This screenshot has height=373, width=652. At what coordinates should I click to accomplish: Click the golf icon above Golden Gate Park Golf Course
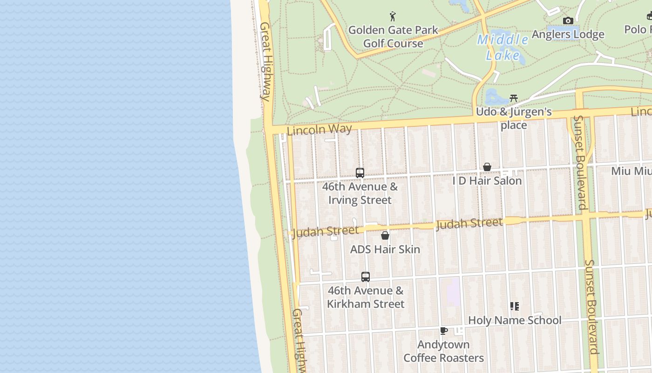pyautogui.click(x=393, y=17)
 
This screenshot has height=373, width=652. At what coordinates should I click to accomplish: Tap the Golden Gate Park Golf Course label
pyautogui.click(x=393, y=37)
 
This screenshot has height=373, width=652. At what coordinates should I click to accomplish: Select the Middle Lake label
pyautogui.click(x=503, y=48)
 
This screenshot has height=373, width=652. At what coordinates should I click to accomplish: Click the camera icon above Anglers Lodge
pyautogui.click(x=568, y=21)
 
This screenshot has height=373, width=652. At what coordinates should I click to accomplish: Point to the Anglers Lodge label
pyautogui.click(x=568, y=34)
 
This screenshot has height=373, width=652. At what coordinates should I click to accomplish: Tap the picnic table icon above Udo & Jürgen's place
pyautogui.click(x=514, y=98)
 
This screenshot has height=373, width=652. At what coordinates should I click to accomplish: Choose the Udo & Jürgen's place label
pyautogui.click(x=514, y=118)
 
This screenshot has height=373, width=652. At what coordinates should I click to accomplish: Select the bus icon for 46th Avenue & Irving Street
pyautogui.click(x=360, y=173)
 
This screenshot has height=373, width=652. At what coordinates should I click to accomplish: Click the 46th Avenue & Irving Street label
pyautogui.click(x=360, y=193)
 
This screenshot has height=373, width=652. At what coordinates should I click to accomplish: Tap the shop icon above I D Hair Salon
pyautogui.click(x=487, y=167)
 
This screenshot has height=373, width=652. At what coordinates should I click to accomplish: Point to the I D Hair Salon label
pyautogui.click(x=487, y=181)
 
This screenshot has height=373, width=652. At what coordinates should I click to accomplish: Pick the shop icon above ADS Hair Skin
pyautogui.click(x=385, y=235)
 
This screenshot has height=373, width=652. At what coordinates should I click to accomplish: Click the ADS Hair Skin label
pyautogui.click(x=385, y=249)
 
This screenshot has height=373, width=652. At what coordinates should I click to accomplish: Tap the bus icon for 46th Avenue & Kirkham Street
pyautogui.click(x=366, y=276)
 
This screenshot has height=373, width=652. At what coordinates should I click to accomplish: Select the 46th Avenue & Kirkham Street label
pyautogui.click(x=366, y=297)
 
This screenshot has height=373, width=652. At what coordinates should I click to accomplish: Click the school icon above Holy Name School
pyautogui.click(x=515, y=306)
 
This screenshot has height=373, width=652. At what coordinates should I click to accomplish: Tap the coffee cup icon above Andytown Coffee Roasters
pyautogui.click(x=444, y=331)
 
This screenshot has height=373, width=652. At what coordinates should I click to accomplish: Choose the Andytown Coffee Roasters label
pyautogui.click(x=443, y=352)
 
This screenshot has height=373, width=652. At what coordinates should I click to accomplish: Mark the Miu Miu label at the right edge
pyautogui.click(x=632, y=171)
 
